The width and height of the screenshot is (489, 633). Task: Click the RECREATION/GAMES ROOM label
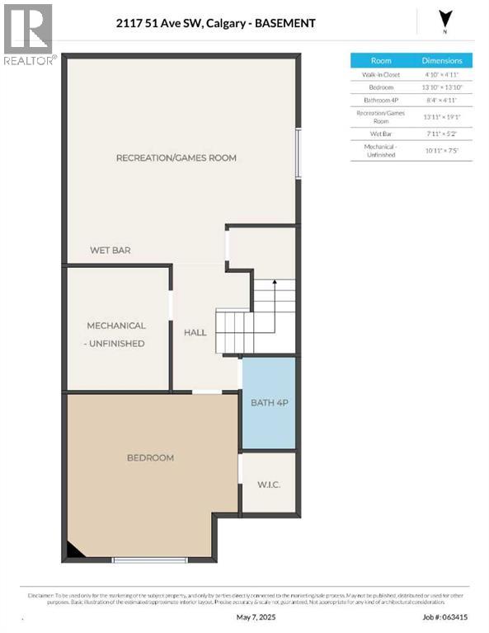(176, 157)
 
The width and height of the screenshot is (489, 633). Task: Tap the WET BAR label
(110, 250)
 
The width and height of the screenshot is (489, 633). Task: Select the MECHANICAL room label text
(116, 326)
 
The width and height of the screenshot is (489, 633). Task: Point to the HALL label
(195, 332)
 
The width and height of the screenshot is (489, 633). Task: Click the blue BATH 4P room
(268, 403)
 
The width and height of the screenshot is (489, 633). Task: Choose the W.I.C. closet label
(268, 485)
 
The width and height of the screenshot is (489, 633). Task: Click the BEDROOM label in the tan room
(150, 457)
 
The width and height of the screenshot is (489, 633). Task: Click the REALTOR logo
(29, 34)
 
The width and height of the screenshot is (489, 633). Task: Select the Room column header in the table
(381, 61)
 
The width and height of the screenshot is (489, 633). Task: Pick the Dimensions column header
(442, 61)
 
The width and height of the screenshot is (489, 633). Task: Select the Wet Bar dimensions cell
(442, 133)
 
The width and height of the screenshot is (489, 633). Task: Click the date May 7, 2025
(253, 617)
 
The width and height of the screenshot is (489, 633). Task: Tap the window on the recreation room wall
(299, 152)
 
